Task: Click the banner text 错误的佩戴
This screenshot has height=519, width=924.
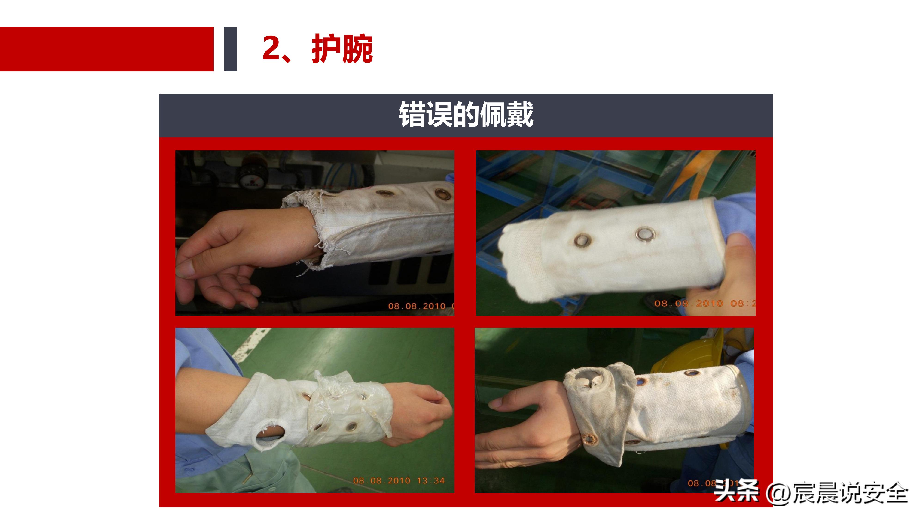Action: pos(466,115)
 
